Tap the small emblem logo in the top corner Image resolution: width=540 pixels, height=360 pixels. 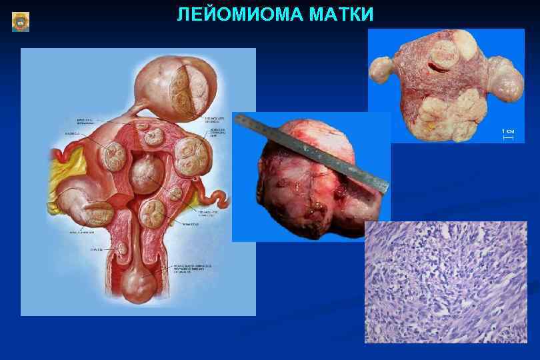point(21,22)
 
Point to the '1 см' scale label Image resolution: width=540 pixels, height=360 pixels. point(508,131)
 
